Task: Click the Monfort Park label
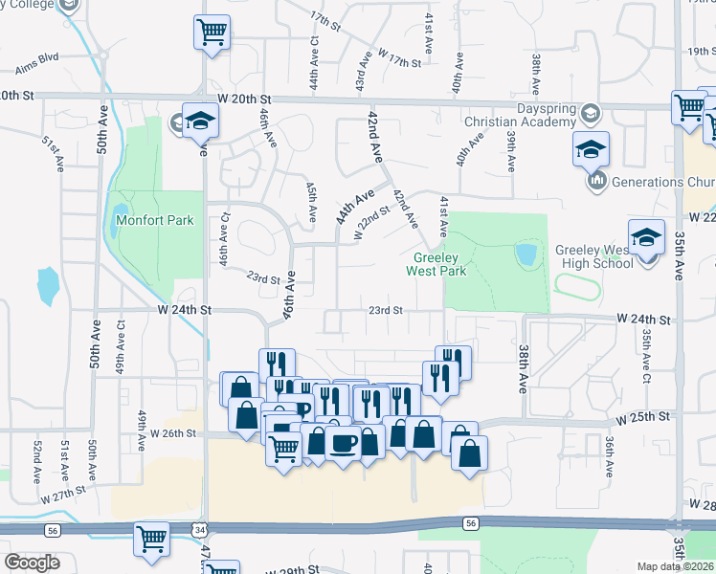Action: [x=154, y=220]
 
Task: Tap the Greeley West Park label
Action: [x=438, y=265]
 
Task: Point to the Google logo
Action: [x=32, y=563]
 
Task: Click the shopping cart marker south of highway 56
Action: [x=151, y=539]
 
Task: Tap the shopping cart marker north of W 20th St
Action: [x=213, y=32]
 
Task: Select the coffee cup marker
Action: [x=343, y=442]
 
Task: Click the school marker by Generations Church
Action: [x=592, y=149]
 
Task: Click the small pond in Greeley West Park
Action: [x=526, y=254]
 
